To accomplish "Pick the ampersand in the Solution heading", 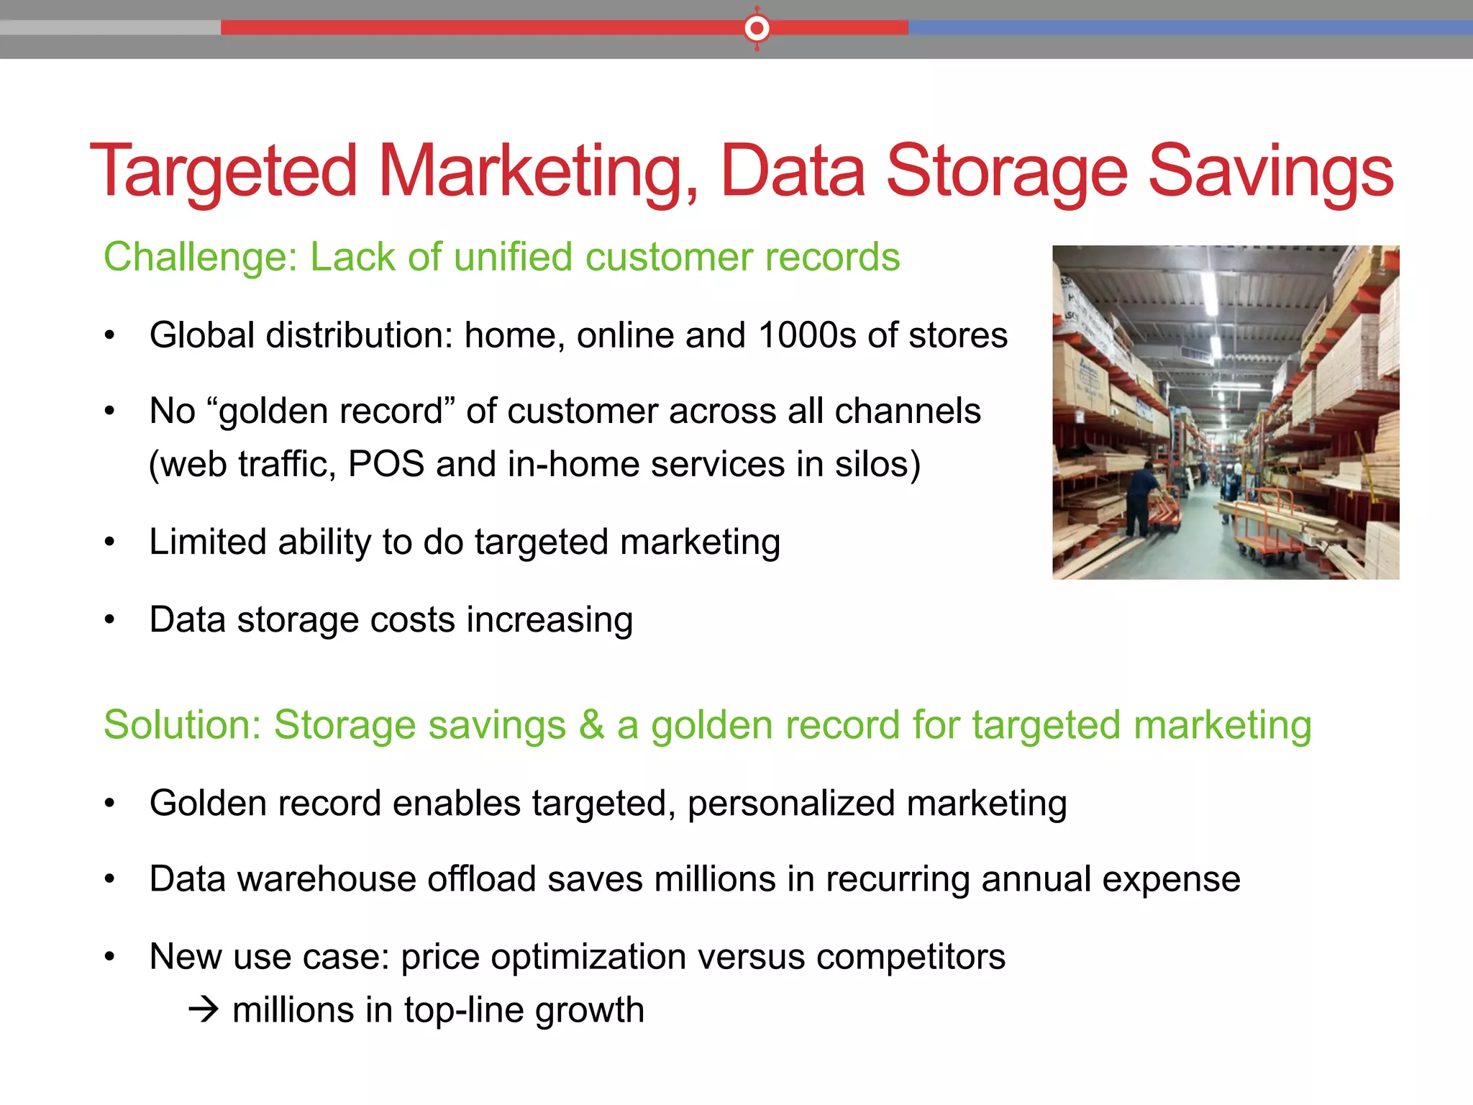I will (591, 724).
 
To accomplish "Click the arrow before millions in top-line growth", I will (204, 1010).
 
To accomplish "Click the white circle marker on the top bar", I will (757, 28).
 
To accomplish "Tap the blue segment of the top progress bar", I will (1187, 28).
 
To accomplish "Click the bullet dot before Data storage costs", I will (109, 620).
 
